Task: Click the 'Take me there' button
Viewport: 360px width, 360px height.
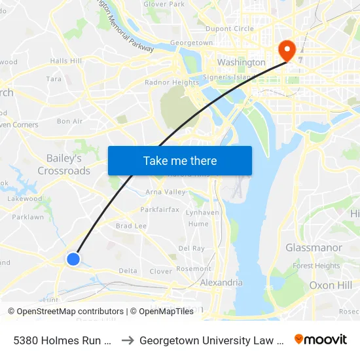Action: (x=180, y=160)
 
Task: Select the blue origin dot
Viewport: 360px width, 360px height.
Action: (x=73, y=259)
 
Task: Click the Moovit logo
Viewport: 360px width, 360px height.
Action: (x=320, y=340)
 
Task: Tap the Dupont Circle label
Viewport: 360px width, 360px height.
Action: (x=229, y=29)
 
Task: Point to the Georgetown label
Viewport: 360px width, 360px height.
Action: (x=191, y=43)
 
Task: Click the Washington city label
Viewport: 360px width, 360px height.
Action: (x=242, y=62)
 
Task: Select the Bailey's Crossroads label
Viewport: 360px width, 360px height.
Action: (x=64, y=164)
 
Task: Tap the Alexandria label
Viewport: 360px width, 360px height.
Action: (x=221, y=283)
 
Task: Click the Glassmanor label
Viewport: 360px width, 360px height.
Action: (x=314, y=247)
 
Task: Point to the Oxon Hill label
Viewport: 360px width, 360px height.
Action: (x=331, y=285)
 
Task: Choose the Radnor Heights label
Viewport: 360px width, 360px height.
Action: (x=171, y=82)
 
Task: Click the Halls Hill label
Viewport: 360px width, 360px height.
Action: (x=65, y=61)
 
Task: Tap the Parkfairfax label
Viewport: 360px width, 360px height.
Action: (x=159, y=210)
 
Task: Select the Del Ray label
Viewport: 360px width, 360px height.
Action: (x=192, y=249)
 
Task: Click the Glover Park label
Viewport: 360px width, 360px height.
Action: (x=164, y=4)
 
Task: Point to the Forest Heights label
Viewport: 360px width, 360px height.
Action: (x=316, y=266)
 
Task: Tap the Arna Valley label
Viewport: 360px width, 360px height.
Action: (x=165, y=192)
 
